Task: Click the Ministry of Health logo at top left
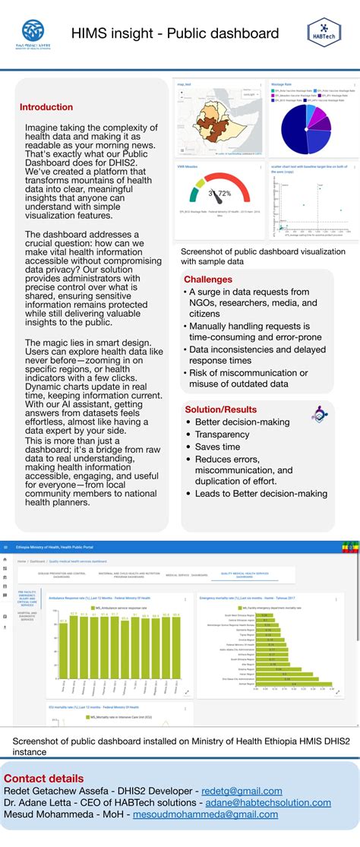(33, 33)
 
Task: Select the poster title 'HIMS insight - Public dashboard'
(175, 34)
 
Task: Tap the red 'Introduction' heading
(46, 107)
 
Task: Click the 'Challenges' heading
(208, 280)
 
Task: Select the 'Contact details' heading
(44, 779)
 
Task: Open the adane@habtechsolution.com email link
(283, 804)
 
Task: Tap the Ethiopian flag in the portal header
(349, 547)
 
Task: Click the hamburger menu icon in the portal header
(5, 547)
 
